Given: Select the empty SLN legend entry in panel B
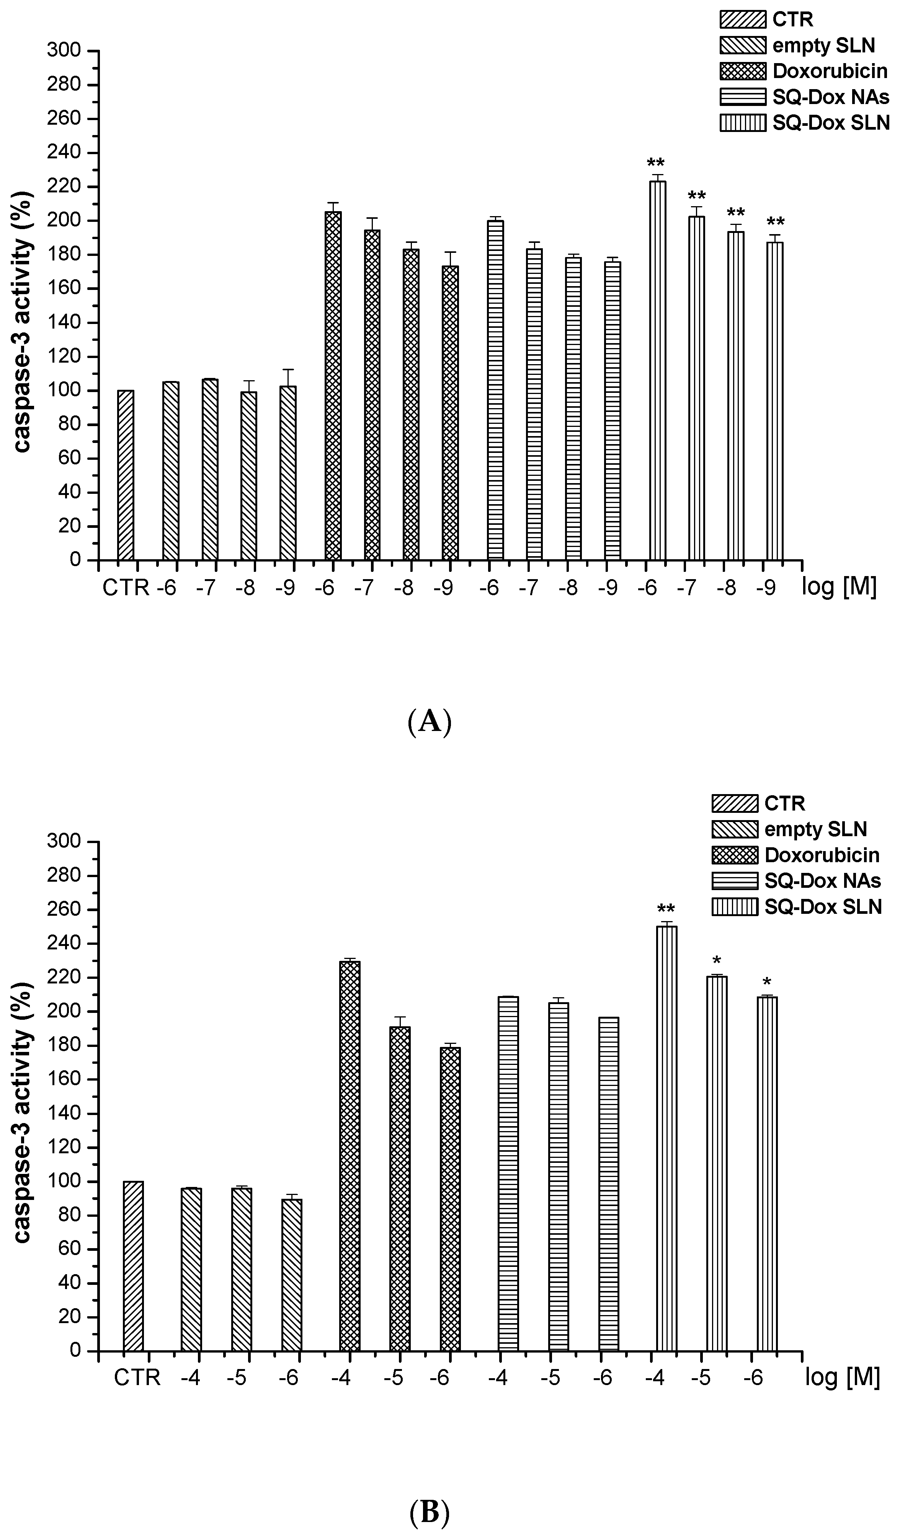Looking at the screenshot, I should [815, 829].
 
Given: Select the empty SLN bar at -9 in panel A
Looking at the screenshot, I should [288, 473].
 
